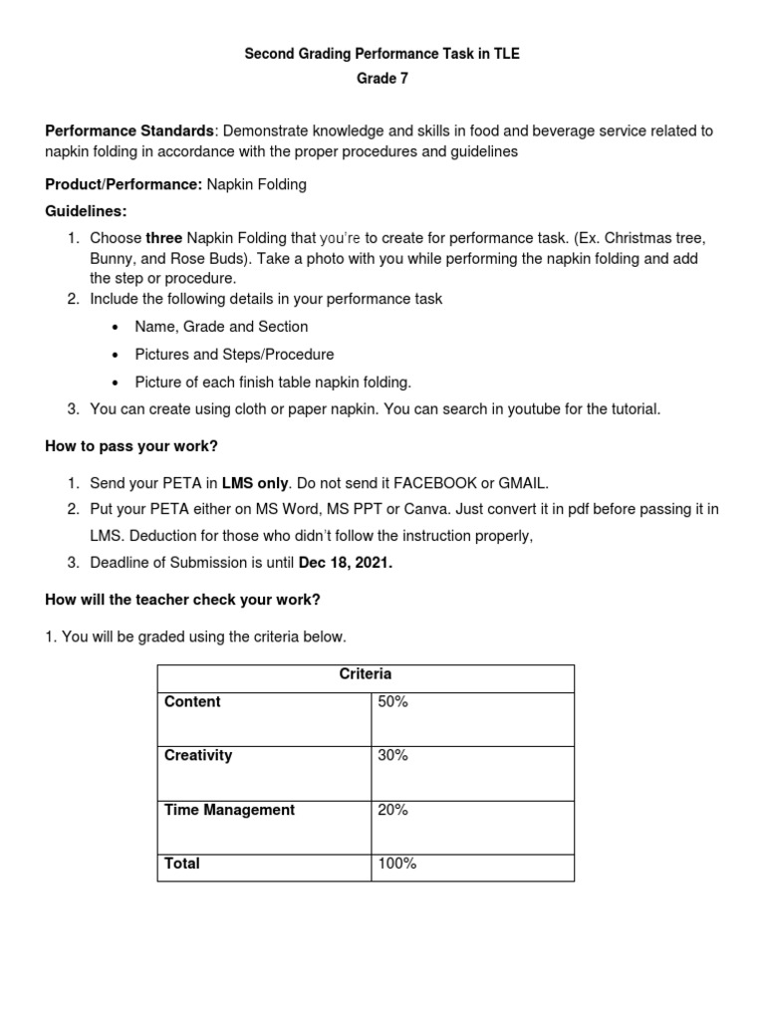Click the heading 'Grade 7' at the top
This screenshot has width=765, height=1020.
click(x=382, y=80)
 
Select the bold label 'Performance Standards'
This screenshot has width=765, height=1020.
click(x=128, y=131)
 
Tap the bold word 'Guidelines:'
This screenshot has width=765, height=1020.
click(x=87, y=211)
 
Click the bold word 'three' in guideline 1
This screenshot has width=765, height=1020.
click(x=163, y=238)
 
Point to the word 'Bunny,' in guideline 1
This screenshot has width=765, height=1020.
click(x=114, y=258)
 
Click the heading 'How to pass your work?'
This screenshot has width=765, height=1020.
click(x=130, y=446)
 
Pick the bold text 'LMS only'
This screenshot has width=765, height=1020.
click(x=255, y=483)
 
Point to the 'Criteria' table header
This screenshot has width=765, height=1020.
click(x=366, y=674)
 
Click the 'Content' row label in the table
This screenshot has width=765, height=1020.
click(x=192, y=702)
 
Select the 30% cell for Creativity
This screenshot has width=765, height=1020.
click(x=392, y=756)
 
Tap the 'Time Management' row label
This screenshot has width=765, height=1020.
click(x=229, y=811)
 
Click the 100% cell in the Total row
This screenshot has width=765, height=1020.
click(x=396, y=864)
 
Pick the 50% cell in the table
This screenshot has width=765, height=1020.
click(x=392, y=702)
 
